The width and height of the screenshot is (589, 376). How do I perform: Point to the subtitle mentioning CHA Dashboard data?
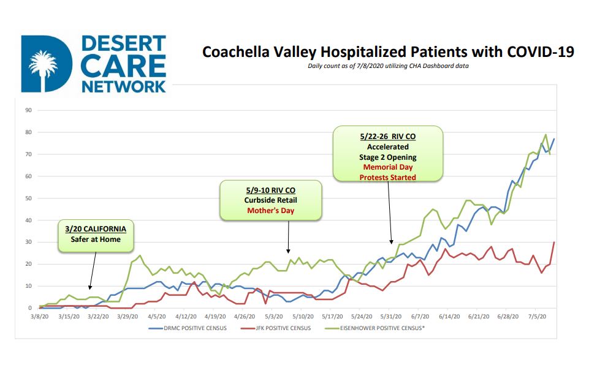[388, 66]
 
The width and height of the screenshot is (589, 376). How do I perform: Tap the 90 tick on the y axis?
[28, 111]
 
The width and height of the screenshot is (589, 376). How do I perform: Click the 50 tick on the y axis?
[28, 198]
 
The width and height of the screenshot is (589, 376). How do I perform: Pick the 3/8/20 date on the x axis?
[40, 317]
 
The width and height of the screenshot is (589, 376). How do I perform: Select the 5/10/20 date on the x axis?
[303, 317]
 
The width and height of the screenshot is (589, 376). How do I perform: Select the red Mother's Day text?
[270, 210]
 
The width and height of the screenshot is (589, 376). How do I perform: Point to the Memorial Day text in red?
[388, 167]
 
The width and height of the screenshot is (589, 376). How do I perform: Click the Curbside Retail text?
[270, 200]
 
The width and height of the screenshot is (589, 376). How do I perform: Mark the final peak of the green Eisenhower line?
[545, 135]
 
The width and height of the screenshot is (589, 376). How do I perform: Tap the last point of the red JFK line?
[554, 243]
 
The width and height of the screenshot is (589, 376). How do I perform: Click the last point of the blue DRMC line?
[554, 139]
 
